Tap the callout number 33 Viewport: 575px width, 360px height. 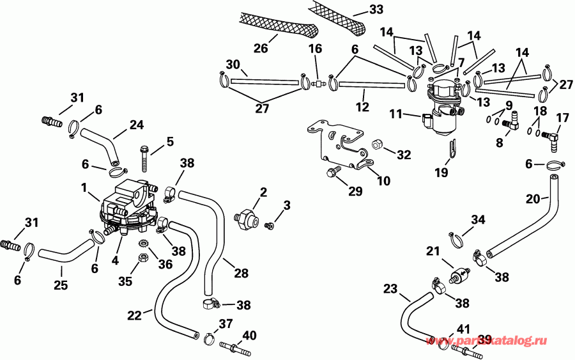(378, 10)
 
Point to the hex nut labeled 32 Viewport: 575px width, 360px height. (377, 145)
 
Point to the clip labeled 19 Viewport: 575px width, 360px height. (452, 151)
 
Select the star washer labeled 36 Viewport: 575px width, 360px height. (144, 243)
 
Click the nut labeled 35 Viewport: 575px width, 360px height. (144, 258)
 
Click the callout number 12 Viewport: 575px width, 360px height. (363, 107)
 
